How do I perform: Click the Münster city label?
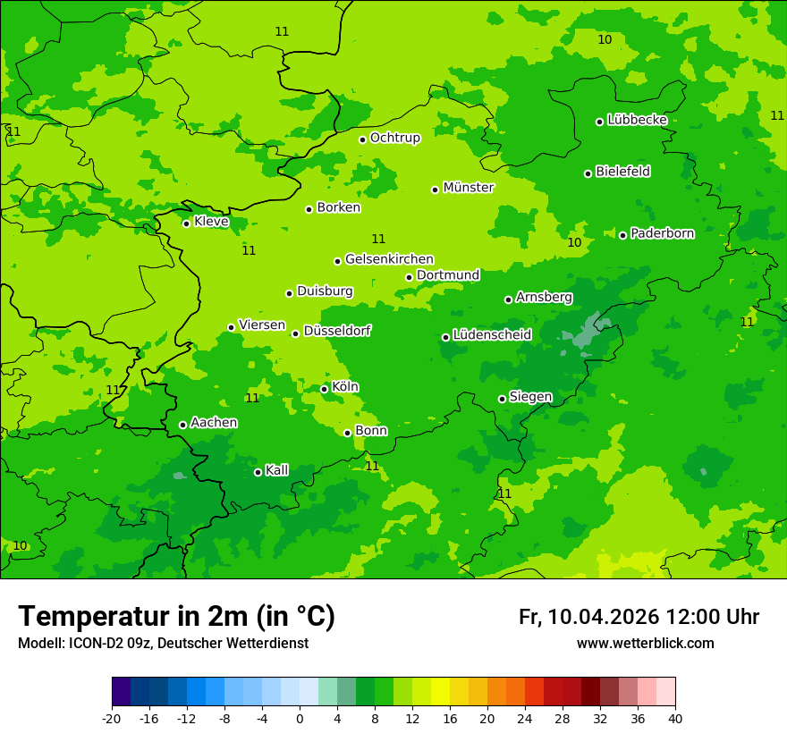point(468,188)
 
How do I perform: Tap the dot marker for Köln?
point(324,389)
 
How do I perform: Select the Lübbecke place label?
point(637,120)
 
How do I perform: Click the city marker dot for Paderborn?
point(623,235)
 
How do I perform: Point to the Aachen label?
point(214,423)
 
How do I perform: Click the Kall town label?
point(276,470)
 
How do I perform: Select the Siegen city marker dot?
point(502,399)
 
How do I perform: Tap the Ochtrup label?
point(394,138)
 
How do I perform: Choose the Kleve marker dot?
point(186,223)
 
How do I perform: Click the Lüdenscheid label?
point(492,335)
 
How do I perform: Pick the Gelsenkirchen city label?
point(389,259)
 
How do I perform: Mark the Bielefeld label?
point(622,172)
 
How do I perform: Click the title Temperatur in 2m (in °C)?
point(177,616)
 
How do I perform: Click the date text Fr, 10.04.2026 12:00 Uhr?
point(639,617)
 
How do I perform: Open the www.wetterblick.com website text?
point(645,644)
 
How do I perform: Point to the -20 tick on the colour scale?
point(112,718)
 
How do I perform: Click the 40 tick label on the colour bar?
point(675,718)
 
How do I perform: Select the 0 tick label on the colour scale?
point(300,718)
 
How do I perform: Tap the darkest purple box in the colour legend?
point(121,692)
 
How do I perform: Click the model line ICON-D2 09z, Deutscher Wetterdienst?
point(163,644)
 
